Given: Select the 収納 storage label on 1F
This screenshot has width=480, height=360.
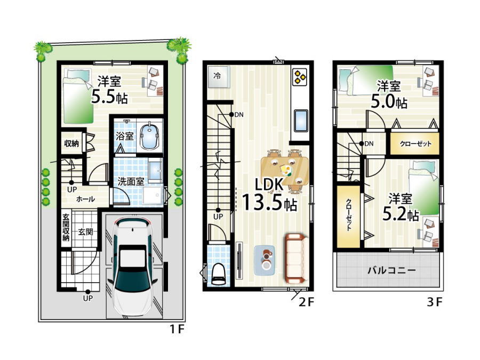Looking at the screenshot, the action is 71,143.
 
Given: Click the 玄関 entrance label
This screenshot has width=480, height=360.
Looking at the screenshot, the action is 85,232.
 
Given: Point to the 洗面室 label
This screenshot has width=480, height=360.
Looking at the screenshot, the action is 131,181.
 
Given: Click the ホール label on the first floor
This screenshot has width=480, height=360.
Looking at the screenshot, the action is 85,199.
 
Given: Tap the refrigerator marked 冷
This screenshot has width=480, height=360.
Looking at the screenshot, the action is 218,76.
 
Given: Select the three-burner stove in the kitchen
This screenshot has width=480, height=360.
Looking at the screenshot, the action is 299,77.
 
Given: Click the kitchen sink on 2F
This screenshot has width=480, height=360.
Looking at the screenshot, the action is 301,121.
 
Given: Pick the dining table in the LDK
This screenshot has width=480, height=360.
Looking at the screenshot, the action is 285,171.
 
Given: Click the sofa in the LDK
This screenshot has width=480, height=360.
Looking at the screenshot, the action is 297,258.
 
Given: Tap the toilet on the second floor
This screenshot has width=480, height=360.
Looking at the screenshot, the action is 218,274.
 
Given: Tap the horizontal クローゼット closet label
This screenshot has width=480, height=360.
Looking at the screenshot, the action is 415,143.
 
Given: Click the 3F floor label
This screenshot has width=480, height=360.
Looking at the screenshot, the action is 435,302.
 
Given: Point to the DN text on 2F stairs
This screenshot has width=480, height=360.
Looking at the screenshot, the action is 239,115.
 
